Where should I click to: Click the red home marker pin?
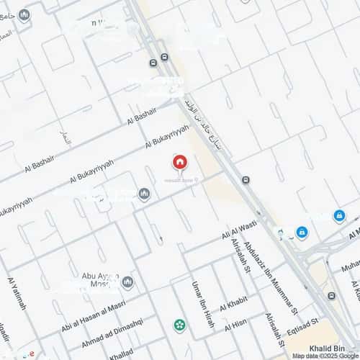tap(179, 162)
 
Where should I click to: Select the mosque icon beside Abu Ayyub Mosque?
tap(127, 282)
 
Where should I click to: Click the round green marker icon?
tap(179, 325)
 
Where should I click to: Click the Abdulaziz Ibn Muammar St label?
tap(269, 279)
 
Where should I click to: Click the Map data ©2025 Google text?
tap(324, 356)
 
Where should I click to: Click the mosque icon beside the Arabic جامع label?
tap(24, 14)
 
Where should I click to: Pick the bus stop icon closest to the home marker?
tap(246, 179)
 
